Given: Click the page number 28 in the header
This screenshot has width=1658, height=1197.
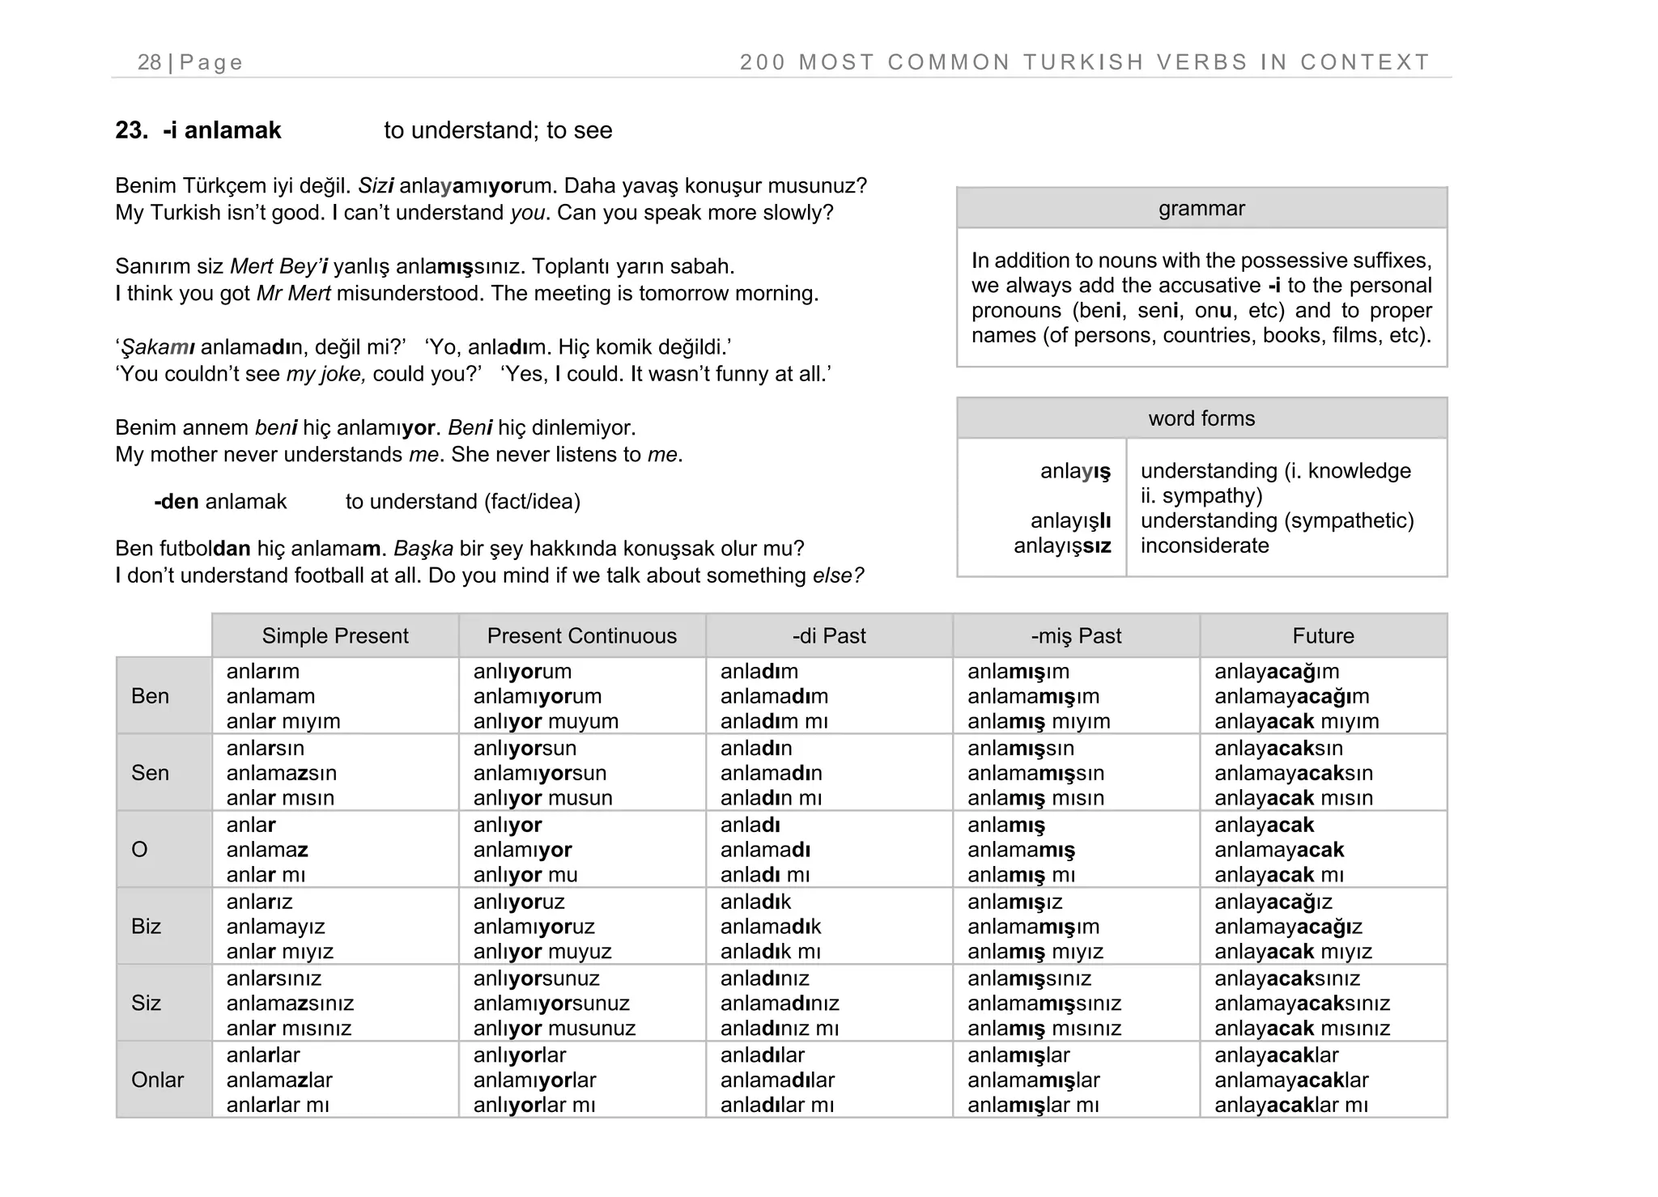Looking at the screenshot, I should pyautogui.click(x=150, y=62).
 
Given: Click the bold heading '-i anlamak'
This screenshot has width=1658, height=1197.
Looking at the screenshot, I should pyautogui.click(x=222, y=130).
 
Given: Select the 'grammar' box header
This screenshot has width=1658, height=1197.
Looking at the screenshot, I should pyautogui.click(x=1201, y=209).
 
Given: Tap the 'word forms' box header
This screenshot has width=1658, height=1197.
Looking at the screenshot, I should pyautogui.click(x=1201, y=418).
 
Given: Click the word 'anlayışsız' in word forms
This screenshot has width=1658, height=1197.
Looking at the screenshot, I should pyautogui.click(x=1062, y=545).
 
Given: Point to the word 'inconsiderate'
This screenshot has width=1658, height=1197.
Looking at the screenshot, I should pyautogui.click(x=1205, y=545).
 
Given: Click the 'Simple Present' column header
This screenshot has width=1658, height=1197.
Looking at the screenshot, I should pyautogui.click(x=335, y=636).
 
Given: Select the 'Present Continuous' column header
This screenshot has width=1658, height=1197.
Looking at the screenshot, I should pyautogui.click(x=581, y=636).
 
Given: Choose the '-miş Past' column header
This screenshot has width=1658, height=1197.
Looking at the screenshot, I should pyautogui.click(x=1076, y=636).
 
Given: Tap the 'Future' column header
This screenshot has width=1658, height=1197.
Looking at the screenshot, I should pyautogui.click(x=1323, y=636).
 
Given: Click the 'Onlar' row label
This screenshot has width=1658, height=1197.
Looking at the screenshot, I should pyautogui.click(x=157, y=1080).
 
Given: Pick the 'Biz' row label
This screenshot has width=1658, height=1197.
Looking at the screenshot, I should pyautogui.click(x=147, y=926).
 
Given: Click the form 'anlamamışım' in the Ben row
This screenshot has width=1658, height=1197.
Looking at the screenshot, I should pyautogui.click(x=1033, y=696).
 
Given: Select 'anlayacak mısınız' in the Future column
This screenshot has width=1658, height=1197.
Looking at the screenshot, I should pyautogui.click(x=1302, y=1029).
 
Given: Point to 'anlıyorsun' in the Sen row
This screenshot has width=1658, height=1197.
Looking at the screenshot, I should pyautogui.click(x=525, y=748).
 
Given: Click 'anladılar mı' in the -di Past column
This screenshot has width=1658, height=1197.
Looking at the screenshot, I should pyautogui.click(x=776, y=1105).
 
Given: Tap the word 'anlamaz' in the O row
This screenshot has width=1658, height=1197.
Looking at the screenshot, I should pyautogui.click(x=267, y=850).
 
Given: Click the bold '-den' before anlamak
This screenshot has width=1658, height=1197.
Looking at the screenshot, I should pyautogui.click(x=176, y=502).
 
